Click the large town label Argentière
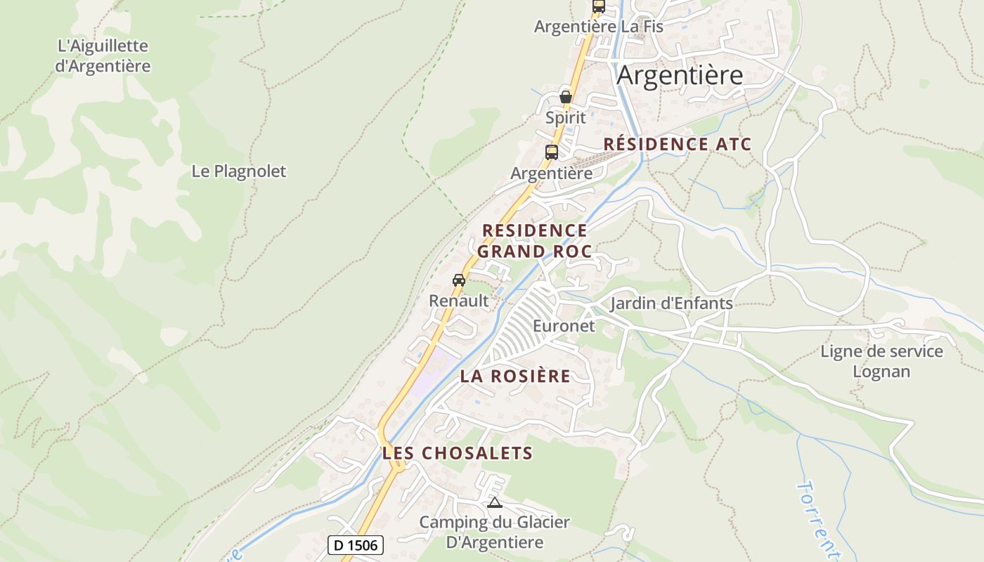680,75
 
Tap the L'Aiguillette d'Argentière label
103,56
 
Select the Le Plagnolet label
239,171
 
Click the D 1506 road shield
356,545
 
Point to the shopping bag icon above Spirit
566,97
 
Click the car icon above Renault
459,280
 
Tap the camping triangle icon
495,502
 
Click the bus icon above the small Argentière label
552,152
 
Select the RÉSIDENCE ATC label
678,145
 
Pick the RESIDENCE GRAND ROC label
534,241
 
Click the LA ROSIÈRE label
515,376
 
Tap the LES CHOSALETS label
458,453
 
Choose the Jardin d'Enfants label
671,303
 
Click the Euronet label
564,326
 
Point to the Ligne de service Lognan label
881,361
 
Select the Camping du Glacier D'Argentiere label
495,532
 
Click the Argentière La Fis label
599,27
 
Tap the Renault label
459,301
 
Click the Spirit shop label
566,117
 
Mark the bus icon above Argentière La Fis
599,6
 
